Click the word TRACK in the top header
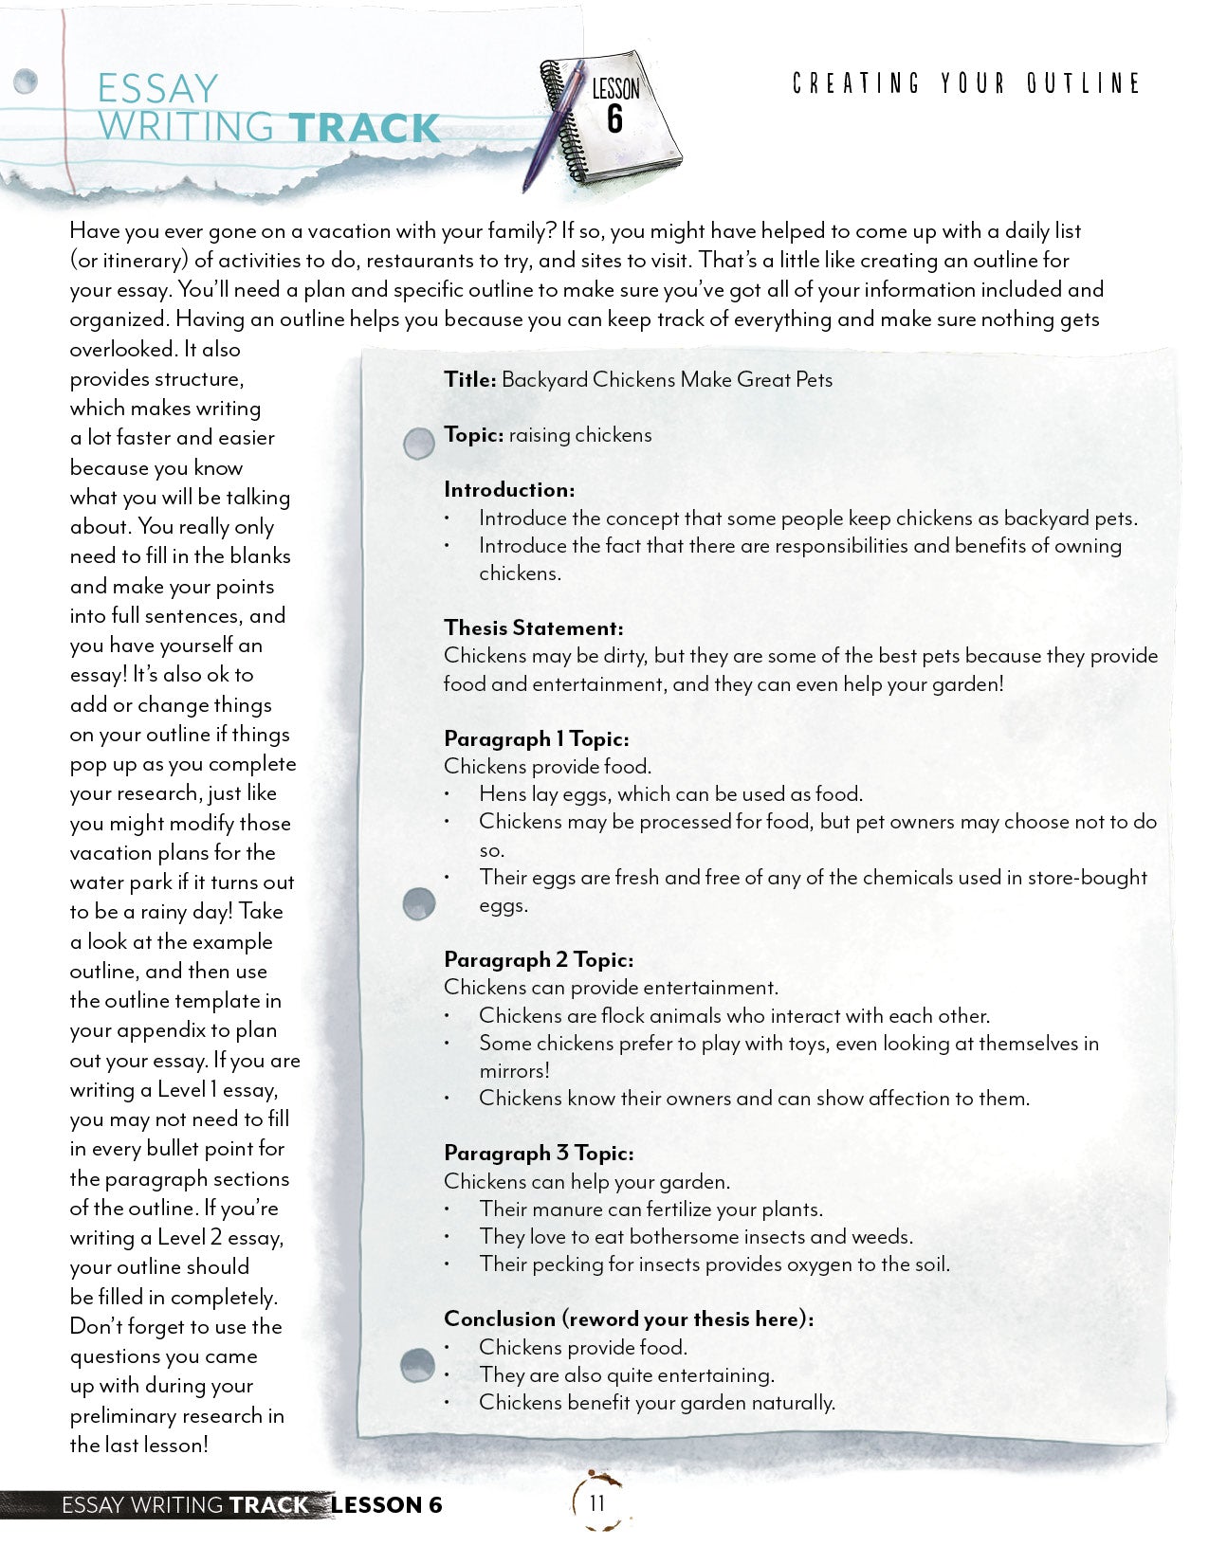364,128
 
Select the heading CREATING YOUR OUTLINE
966,83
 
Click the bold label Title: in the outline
469,379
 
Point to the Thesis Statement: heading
533,627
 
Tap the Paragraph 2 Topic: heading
538,959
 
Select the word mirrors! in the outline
514,1070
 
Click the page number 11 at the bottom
596,1502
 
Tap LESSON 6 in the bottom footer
387,1504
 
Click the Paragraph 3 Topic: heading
538,1153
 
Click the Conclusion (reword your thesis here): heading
628,1318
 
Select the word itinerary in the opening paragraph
129,261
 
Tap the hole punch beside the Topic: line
418,443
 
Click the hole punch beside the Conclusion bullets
417,1365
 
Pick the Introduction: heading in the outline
509,489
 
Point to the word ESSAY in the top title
157,89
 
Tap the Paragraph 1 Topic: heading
536,738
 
